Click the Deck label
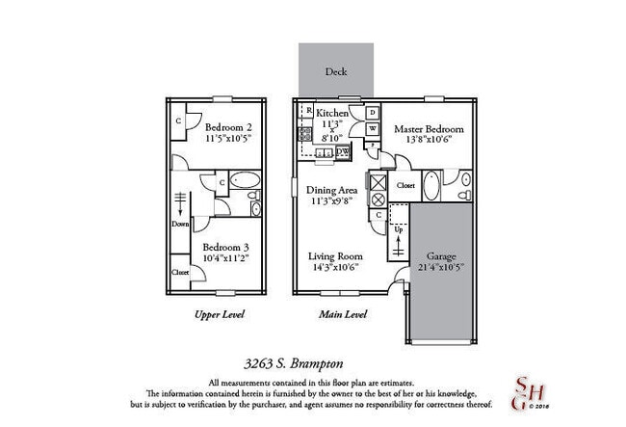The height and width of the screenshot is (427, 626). tap(335, 72)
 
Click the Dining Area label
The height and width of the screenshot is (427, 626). tap(332, 191)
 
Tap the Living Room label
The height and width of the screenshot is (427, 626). tap(334, 257)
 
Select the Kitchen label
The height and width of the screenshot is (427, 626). tap(333, 114)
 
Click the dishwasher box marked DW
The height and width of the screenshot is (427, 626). tap(343, 152)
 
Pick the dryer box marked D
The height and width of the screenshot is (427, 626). tap(373, 112)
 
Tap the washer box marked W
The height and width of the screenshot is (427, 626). tap(373, 129)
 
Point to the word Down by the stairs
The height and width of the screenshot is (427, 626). tap(180, 224)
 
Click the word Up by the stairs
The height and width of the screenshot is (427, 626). tap(398, 229)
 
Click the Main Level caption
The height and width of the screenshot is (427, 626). tap(342, 314)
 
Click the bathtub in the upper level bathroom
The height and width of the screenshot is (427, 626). tap(243, 181)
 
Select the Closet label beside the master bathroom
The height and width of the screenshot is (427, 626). tap(405, 184)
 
